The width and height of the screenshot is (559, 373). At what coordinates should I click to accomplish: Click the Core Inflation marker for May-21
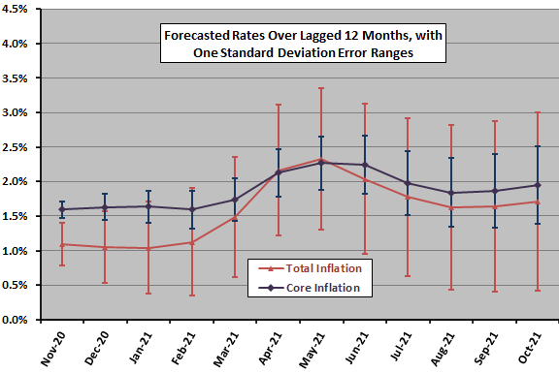320,163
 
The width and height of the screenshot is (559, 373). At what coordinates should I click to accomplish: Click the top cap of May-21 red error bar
320,88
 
